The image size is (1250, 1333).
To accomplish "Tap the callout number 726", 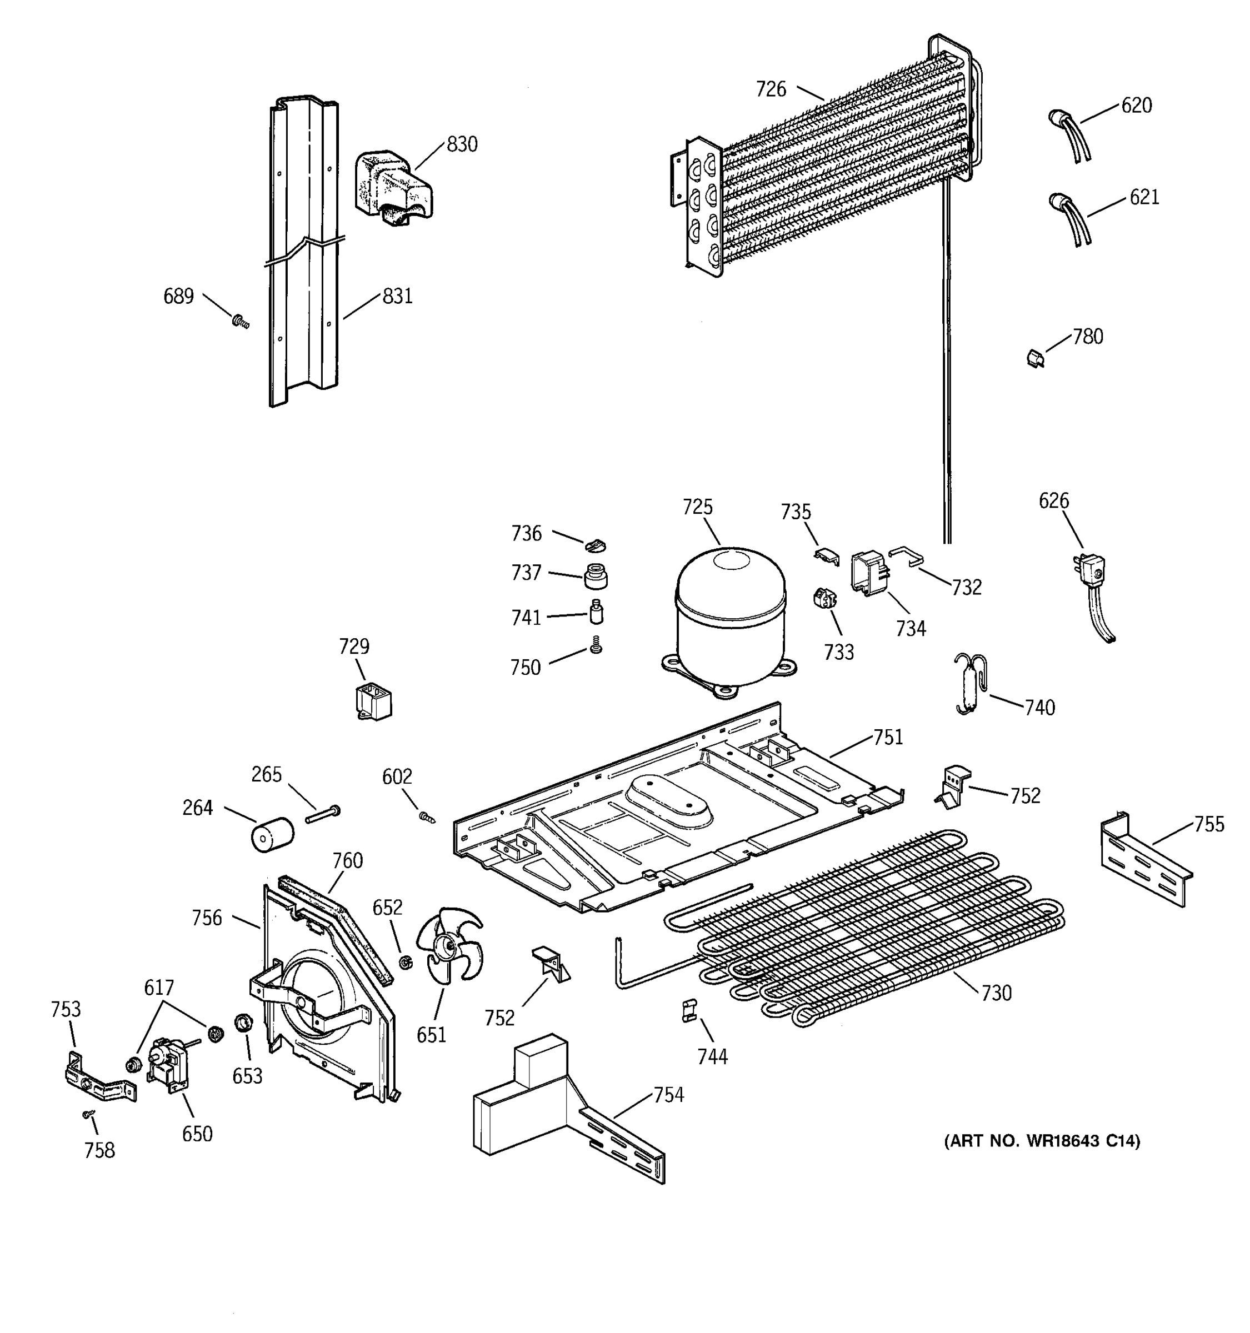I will pos(771,89).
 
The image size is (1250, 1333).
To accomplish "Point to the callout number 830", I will pos(462,144).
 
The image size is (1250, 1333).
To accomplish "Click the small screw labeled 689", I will pos(240,322).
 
